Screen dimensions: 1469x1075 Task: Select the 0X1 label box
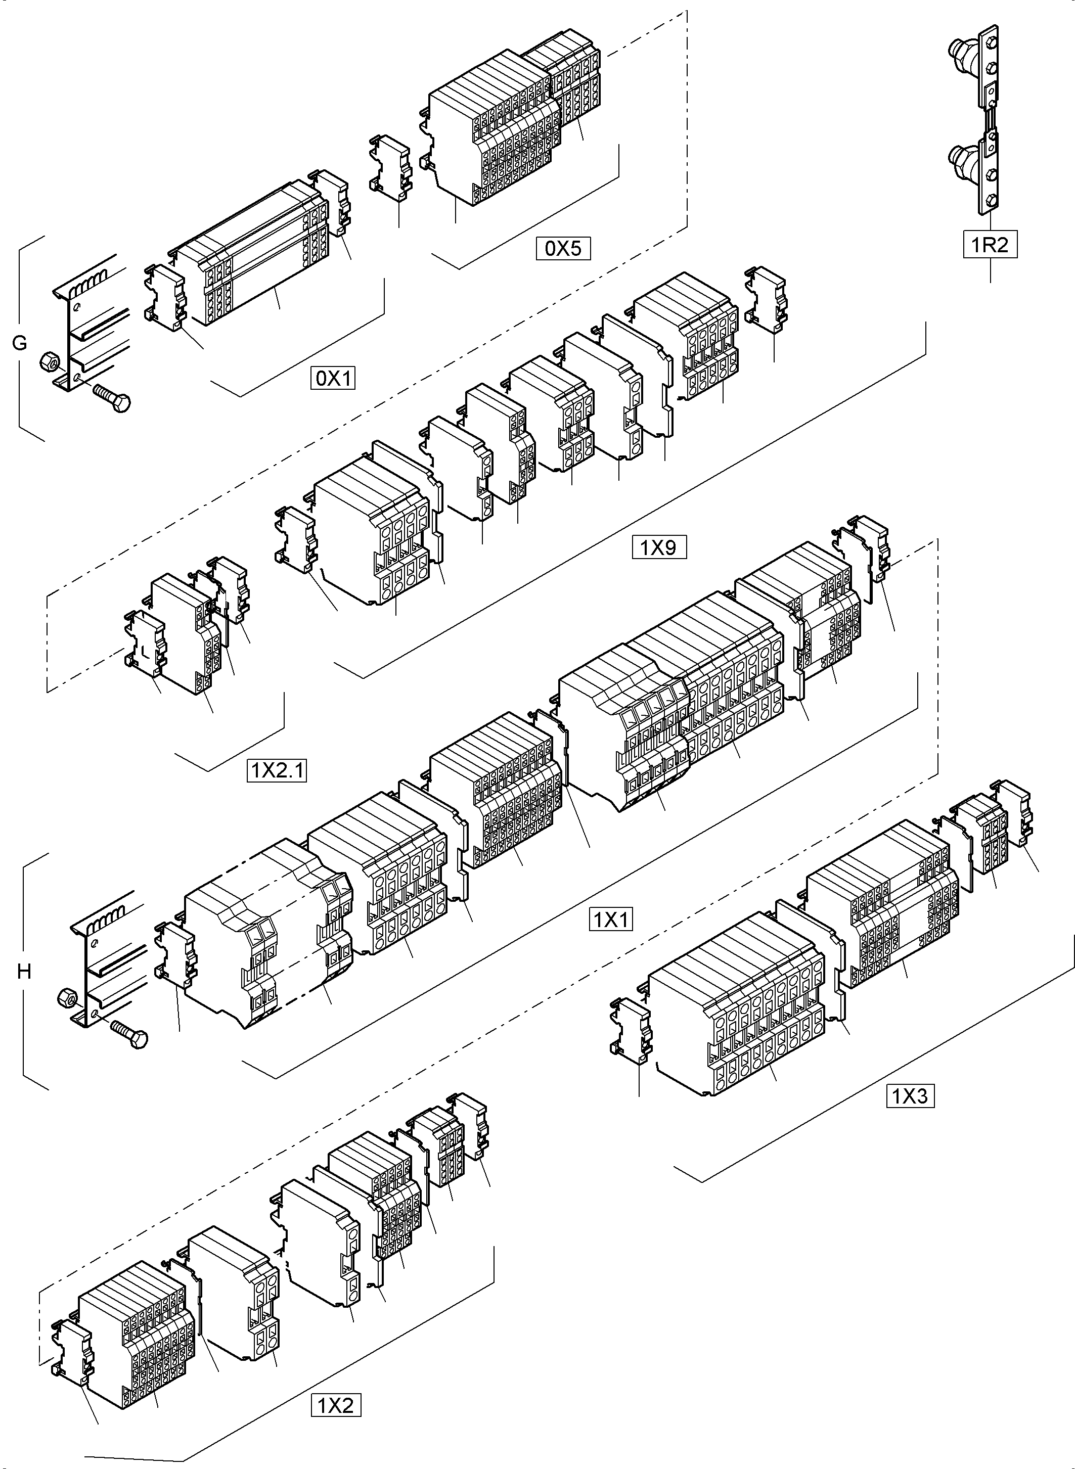333,378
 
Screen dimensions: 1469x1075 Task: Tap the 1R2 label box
990,245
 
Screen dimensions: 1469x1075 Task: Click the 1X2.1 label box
277,771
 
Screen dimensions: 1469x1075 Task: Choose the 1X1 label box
610,920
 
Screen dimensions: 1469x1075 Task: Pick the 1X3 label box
910,1097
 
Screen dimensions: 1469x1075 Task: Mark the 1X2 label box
335,1406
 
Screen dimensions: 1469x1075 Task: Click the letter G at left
20,343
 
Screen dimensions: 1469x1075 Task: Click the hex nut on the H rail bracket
66,996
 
